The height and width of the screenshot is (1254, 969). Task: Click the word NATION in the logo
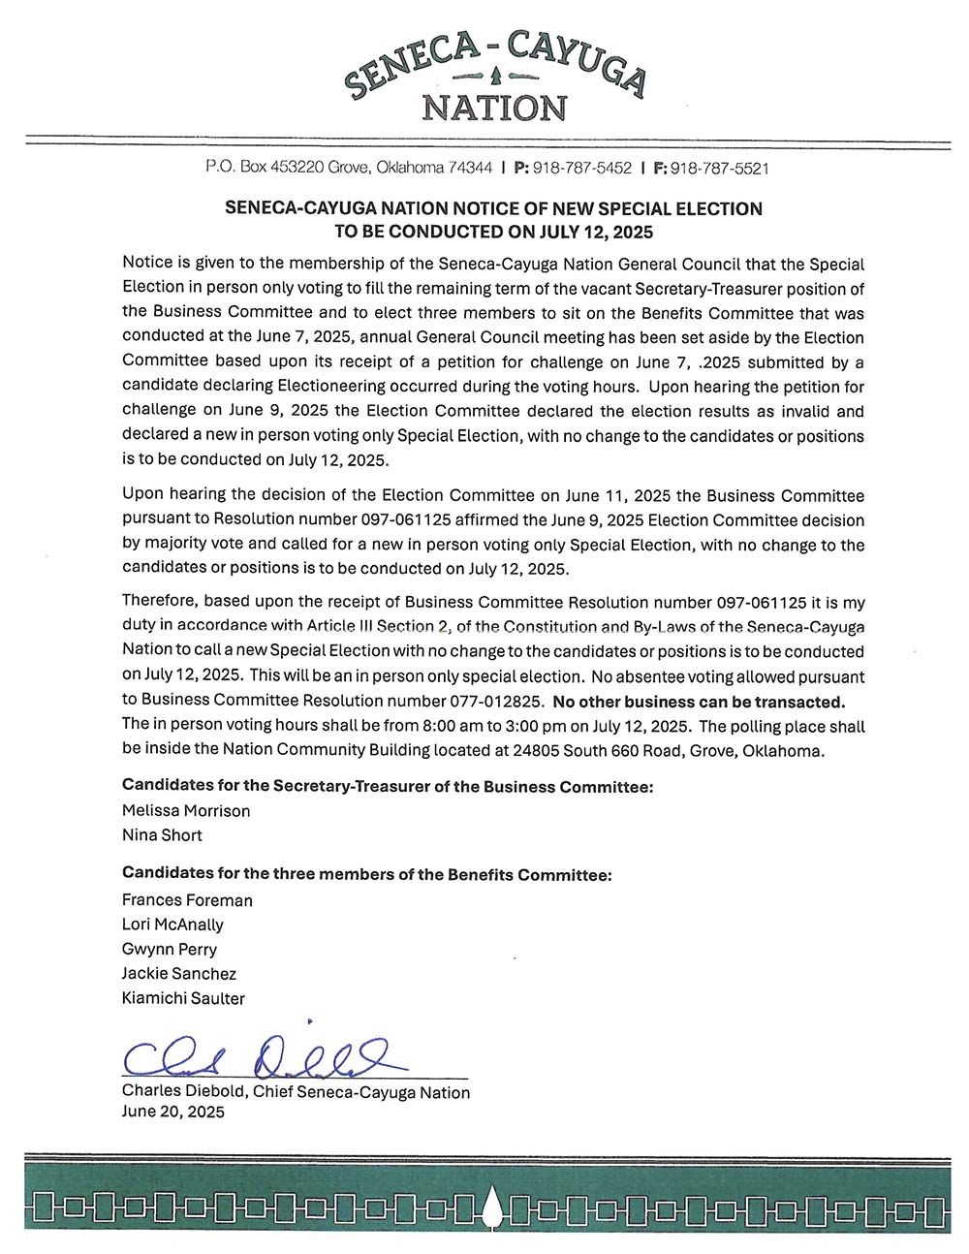[494, 108]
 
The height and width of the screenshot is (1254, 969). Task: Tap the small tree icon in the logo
[494, 75]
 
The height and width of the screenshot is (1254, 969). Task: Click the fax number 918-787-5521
[719, 168]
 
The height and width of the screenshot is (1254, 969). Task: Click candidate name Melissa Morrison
[186, 810]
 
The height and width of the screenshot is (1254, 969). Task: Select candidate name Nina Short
[162, 834]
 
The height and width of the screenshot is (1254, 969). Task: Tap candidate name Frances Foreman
[187, 899]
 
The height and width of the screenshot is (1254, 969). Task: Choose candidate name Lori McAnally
[172, 925]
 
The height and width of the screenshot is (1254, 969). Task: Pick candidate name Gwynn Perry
[170, 949]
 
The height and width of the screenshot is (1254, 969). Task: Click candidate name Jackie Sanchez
[179, 973]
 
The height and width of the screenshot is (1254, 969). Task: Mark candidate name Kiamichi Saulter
[183, 998]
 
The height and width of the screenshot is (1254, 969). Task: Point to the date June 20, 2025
[173, 1112]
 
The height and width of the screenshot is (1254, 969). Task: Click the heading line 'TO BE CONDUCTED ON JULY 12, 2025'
[493, 232]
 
